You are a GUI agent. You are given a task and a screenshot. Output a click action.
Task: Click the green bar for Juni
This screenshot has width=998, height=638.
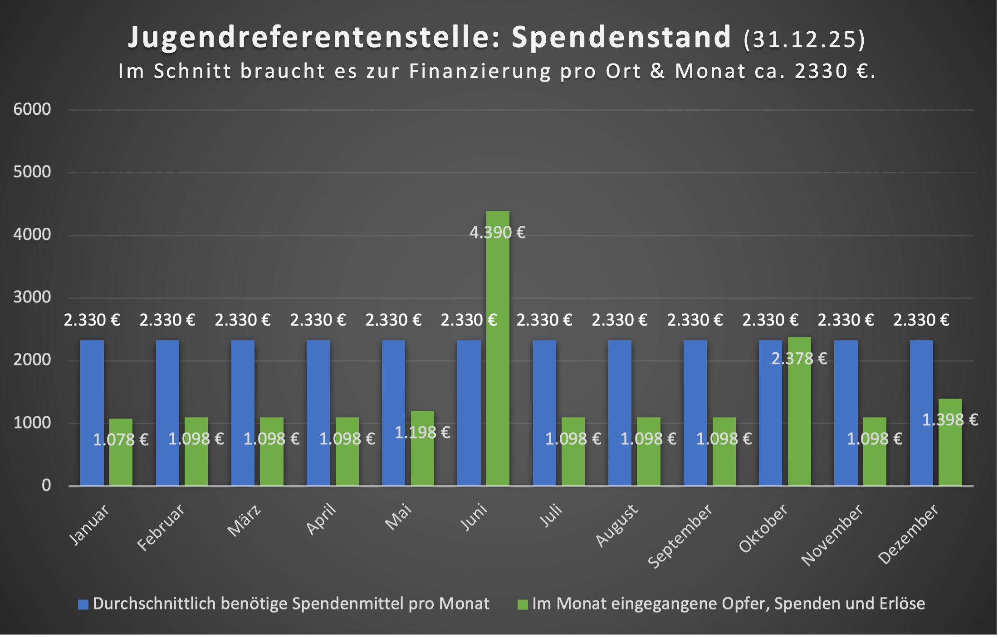(x=498, y=349)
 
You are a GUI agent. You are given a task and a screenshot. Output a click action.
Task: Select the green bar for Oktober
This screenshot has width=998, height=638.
(x=799, y=413)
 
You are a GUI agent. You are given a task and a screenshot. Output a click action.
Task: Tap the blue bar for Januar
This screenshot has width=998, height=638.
(x=92, y=413)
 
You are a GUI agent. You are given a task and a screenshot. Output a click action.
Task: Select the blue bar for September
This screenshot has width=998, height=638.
(x=695, y=413)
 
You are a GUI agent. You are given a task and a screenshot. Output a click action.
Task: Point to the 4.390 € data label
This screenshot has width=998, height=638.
(x=497, y=233)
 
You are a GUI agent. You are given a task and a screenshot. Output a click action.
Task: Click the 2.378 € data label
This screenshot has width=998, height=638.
(x=799, y=359)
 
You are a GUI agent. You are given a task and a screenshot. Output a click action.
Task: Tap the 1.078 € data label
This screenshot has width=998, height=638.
(x=121, y=439)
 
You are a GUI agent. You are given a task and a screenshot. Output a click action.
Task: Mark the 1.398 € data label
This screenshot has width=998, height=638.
(x=950, y=420)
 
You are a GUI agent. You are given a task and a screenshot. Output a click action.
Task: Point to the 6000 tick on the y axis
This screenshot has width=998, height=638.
(x=32, y=109)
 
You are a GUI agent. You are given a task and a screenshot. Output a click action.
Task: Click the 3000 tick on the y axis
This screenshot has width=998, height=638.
(x=32, y=297)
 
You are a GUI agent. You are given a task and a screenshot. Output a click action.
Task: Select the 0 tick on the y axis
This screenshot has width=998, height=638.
(x=46, y=486)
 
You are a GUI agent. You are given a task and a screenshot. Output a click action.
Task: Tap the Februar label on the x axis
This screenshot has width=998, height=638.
(x=161, y=527)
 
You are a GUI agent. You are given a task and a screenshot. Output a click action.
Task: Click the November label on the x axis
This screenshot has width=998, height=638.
(x=832, y=535)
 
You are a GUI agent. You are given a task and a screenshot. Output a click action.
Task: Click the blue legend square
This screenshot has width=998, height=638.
(x=83, y=604)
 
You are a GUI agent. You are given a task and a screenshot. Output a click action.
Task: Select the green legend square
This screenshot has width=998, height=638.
(x=523, y=604)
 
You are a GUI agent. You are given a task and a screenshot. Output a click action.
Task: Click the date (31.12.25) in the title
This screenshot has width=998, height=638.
(x=804, y=39)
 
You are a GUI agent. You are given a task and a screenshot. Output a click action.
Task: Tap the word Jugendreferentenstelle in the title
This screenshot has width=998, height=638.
(x=314, y=37)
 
